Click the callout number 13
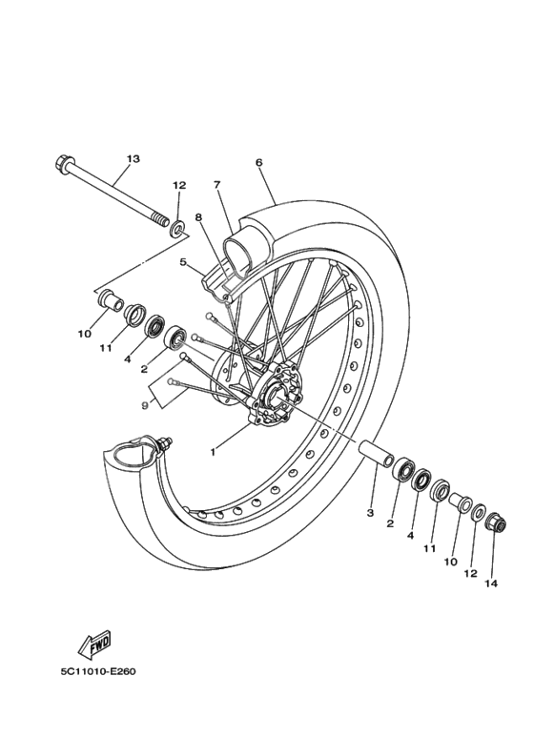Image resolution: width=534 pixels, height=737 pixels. pyautogui.click(x=132, y=158)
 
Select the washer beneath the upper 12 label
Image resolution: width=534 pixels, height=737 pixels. pyautogui.click(x=176, y=229)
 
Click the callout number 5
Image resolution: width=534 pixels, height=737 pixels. pyautogui.click(x=183, y=262)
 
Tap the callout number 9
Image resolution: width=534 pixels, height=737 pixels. pyautogui.click(x=144, y=405)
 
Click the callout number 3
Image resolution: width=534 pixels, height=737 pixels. pyautogui.click(x=370, y=512)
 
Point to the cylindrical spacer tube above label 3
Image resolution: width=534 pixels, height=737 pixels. pyautogui.click(x=376, y=453)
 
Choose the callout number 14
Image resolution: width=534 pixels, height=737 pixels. pyautogui.click(x=491, y=582)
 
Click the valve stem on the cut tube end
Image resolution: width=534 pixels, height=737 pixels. pyautogui.click(x=166, y=443)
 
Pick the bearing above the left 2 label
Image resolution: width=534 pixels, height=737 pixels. pyautogui.click(x=176, y=338)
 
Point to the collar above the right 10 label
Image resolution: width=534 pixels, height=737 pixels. pyautogui.click(x=460, y=502)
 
